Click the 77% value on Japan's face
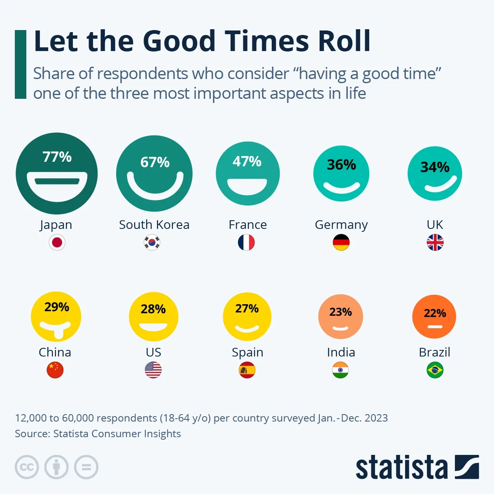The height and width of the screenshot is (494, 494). [x=57, y=157]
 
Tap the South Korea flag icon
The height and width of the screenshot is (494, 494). [x=152, y=242]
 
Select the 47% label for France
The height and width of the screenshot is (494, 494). [x=247, y=161]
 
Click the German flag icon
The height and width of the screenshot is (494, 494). [x=341, y=242]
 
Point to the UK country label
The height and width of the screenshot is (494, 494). [x=435, y=225]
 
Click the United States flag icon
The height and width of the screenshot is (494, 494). [x=153, y=370]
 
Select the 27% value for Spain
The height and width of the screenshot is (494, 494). [x=247, y=308]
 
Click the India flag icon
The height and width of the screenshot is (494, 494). [x=340, y=370]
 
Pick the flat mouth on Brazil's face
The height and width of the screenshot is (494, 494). [x=435, y=327]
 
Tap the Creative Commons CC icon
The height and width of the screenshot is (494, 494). [x=27, y=467]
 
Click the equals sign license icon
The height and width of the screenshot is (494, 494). [x=86, y=467]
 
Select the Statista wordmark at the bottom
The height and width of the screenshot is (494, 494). [x=401, y=467]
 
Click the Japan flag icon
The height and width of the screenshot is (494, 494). [x=57, y=242]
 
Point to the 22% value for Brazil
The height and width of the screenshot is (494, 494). [x=435, y=313]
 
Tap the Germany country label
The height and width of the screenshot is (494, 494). [x=341, y=225]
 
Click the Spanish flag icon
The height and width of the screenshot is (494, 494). [x=247, y=370]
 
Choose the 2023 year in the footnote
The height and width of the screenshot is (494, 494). [x=376, y=418]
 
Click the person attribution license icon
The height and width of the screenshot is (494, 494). [x=56, y=467]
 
